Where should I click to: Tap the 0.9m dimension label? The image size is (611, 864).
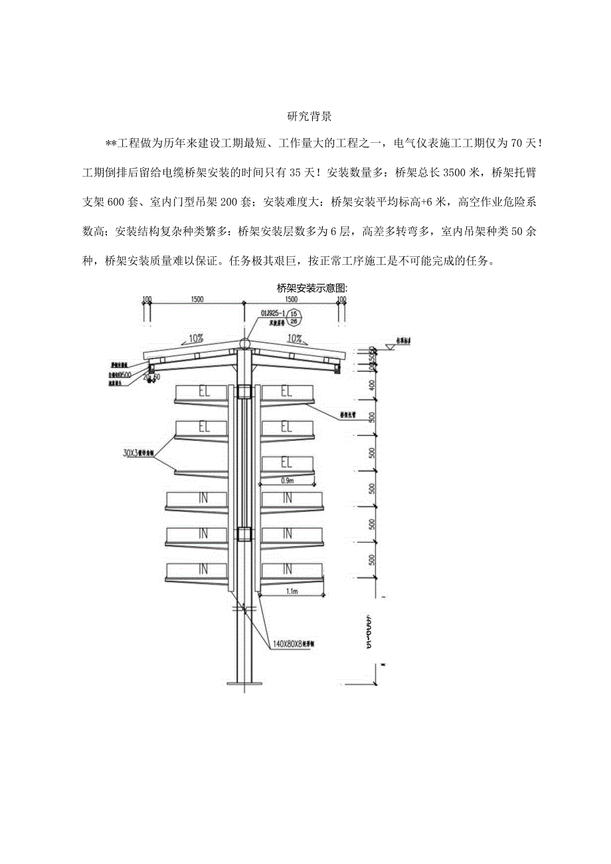(x=288, y=480)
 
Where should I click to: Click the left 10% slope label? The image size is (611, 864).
(x=196, y=338)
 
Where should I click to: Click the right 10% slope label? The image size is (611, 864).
(x=294, y=338)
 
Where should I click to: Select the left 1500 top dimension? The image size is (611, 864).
(x=197, y=300)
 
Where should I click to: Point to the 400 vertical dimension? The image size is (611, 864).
(x=372, y=385)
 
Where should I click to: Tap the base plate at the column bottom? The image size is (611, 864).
(x=245, y=682)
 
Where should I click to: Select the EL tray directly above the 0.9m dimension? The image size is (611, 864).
(x=287, y=463)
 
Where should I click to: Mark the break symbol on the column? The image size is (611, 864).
(x=244, y=607)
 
